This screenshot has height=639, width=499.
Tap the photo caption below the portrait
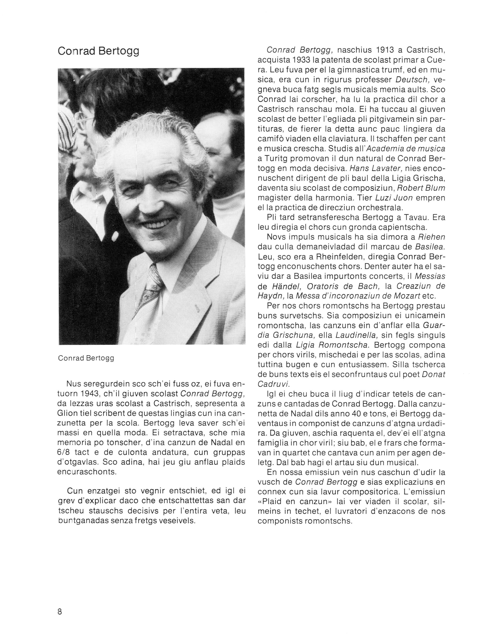(86, 358)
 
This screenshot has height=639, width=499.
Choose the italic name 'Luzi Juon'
(394, 198)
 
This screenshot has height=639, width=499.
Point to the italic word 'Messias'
(430, 276)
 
